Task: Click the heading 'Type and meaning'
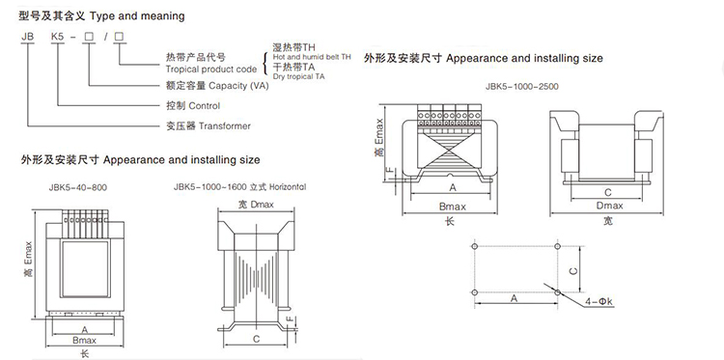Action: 137,16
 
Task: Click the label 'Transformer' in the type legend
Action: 224,126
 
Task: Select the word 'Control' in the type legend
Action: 204,106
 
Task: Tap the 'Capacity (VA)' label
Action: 238,86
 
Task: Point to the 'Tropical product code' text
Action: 211,69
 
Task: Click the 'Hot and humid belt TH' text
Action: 312,57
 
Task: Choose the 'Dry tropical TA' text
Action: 298,76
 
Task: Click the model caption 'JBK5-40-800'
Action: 77,187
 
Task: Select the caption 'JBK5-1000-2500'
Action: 521,86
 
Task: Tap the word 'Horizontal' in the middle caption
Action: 288,187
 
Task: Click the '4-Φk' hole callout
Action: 599,302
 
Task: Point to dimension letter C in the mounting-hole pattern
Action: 573,269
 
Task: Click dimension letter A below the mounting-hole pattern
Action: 514,298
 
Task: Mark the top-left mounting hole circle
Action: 475,246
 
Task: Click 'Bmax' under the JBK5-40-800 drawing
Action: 85,340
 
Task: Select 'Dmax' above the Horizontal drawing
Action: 263,204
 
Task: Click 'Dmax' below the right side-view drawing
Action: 609,206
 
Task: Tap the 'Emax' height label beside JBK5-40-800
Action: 29,253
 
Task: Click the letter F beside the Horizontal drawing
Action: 290,319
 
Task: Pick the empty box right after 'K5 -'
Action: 87,37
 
